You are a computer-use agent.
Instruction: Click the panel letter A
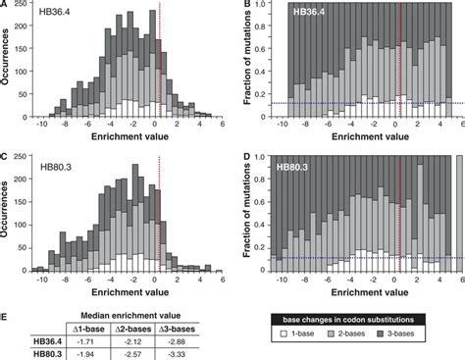6,6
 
